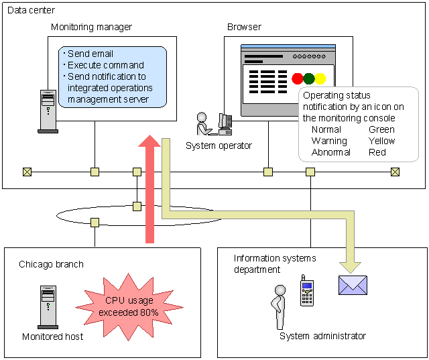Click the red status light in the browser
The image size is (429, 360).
click(x=298, y=78)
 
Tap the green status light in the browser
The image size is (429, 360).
click(x=309, y=78)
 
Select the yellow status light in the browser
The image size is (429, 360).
click(x=320, y=78)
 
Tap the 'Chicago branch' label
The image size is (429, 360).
click(x=51, y=264)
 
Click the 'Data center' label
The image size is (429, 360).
click(x=32, y=11)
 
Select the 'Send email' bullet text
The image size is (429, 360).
click(x=90, y=54)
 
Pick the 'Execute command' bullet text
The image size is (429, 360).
click(x=106, y=65)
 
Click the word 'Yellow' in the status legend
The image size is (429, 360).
click(x=381, y=141)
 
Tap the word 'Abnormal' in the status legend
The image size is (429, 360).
click(x=330, y=152)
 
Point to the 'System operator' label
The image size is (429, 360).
click(x=219, y=145)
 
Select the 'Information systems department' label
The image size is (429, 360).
click(x=275, y=264)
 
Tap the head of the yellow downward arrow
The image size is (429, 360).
click(x=353, y=264)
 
